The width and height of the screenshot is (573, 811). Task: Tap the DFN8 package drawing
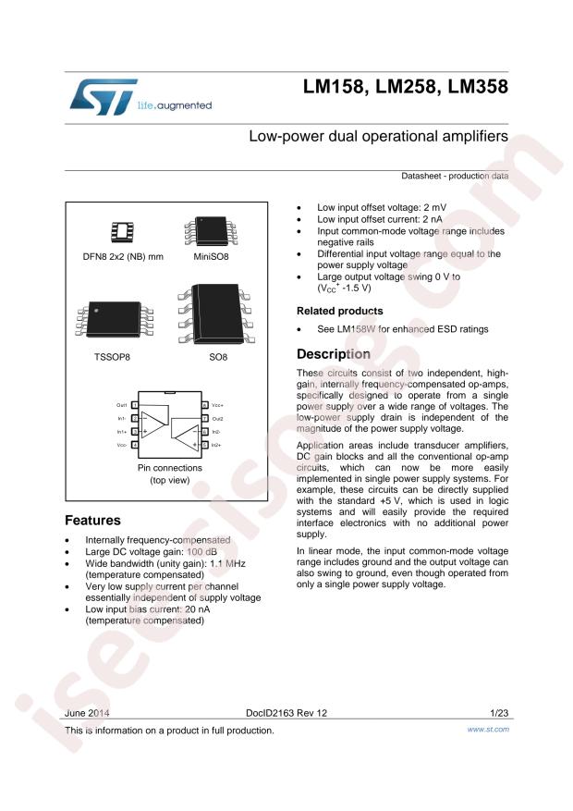[x=121, y=230]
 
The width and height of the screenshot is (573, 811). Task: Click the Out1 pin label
[x=121, y=405]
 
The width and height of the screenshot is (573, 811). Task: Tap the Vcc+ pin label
[x=219, y=405]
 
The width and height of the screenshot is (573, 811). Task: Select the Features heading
[x=94, y=521]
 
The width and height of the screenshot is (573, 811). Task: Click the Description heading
[x=333, y=354]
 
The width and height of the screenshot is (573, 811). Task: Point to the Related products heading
[x=339, y=311]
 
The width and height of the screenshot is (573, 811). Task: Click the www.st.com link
[x=489, y=730]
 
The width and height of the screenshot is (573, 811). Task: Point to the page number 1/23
[x=497, y=714]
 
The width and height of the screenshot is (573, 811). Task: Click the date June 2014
[x=88, y=714]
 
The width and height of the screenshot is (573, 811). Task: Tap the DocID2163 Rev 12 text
[x=282, y=714]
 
